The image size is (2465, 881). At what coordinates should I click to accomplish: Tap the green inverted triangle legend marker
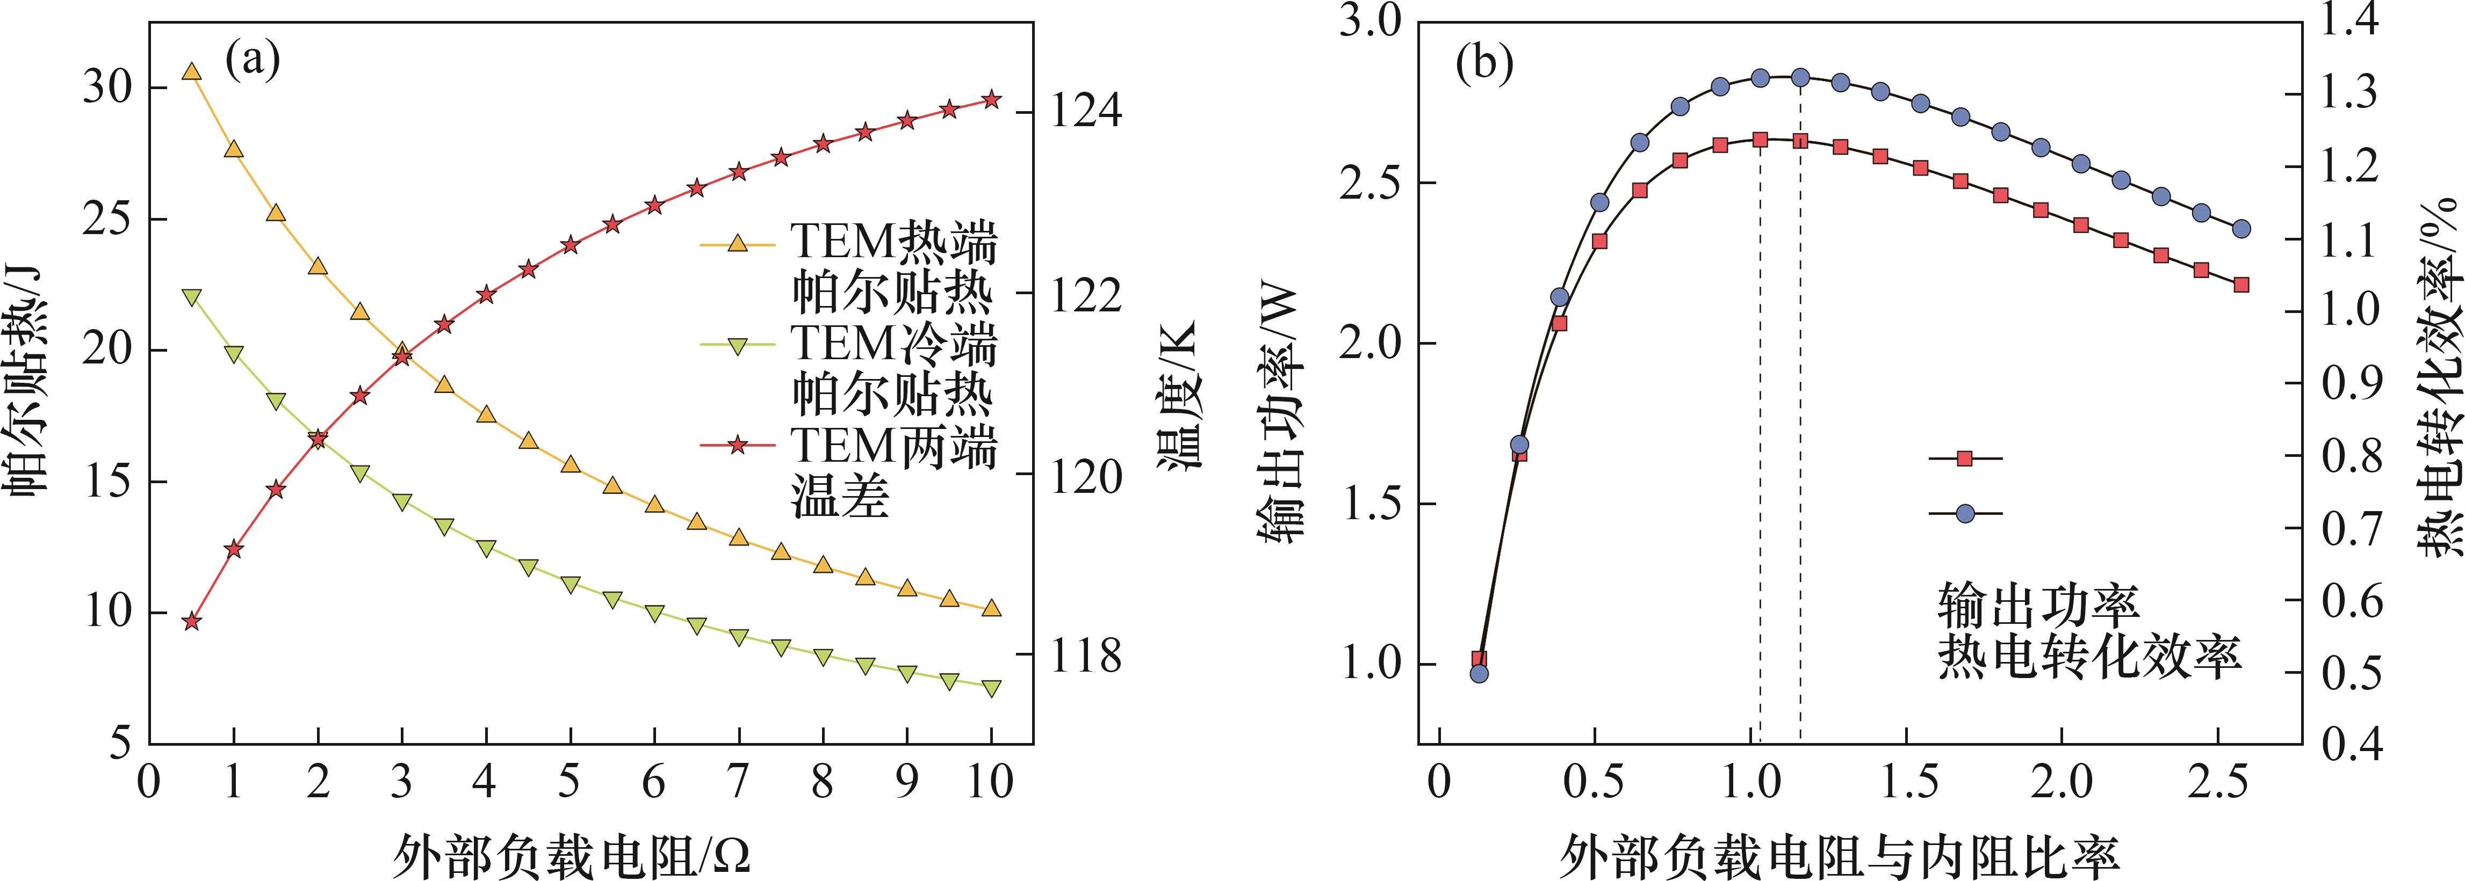737,345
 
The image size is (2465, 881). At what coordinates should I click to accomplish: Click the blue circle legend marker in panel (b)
1965,514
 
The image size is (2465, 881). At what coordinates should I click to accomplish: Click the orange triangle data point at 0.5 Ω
191,72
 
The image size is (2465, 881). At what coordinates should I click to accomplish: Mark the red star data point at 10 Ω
991,99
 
